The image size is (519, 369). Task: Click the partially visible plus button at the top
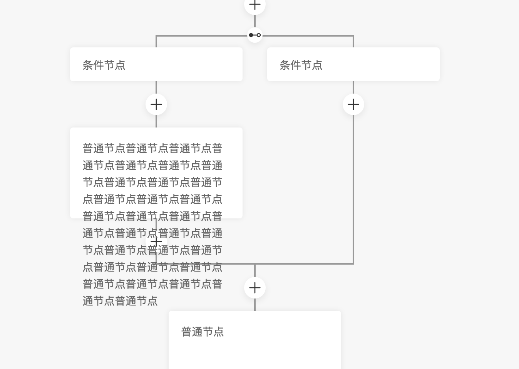(x=255, y=5)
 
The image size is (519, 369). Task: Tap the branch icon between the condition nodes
(x=255, y=35)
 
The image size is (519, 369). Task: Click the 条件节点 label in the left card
(x=104, y=65)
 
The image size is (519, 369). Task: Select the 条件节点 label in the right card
(x=301, y=65)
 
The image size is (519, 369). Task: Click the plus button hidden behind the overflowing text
(x=156, y=242)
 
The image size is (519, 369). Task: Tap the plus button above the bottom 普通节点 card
(x=255, y=288)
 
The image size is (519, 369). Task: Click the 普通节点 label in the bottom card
(x=203, y=332)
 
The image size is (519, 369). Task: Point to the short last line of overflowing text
(x=120, y=301)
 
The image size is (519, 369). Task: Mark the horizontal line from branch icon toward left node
(x=200, y=36)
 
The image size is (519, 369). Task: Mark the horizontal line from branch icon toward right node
(x=308, y=36)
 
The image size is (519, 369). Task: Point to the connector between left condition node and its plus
(x=156, y=87)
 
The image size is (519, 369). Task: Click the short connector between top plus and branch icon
(x=255, y=21)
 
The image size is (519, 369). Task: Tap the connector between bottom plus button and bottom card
(x=255, y=305)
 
